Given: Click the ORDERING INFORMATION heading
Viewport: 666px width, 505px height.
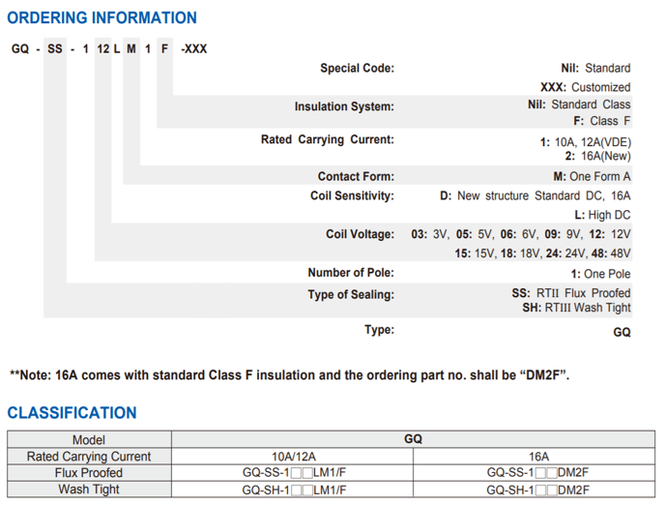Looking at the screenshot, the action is (101, 17).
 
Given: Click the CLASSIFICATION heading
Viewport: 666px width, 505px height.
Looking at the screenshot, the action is (72, 413).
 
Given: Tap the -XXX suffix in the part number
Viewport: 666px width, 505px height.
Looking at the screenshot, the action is (194, 49).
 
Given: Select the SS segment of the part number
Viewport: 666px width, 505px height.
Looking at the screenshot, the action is (55, 49).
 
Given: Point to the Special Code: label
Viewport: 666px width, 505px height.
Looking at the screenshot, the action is (358, 68).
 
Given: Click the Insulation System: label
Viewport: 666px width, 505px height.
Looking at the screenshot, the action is (344, 106).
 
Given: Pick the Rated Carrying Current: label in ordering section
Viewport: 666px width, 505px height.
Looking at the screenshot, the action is (328, 139).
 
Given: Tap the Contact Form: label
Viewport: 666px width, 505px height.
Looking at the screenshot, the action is (356, 176).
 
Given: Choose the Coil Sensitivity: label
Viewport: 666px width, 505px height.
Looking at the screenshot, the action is (352, 195).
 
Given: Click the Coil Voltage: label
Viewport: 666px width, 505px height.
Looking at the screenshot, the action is (360, 234).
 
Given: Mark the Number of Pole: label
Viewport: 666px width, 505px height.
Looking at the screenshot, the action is (351, 273).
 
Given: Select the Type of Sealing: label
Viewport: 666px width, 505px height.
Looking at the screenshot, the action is (351, 294).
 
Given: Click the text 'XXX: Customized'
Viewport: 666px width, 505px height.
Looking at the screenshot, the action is (586, 87).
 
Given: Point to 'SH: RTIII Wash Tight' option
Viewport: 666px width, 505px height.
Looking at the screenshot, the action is (576, 308).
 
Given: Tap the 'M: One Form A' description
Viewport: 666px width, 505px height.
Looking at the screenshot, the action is (592, 176).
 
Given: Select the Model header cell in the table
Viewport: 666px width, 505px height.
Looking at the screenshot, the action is (89, 439).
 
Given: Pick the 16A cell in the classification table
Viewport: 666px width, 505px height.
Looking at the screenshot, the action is (538, 457).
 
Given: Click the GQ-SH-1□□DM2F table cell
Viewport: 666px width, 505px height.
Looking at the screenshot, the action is (537, 490).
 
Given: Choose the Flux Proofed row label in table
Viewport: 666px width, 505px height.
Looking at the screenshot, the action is (89, 473).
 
